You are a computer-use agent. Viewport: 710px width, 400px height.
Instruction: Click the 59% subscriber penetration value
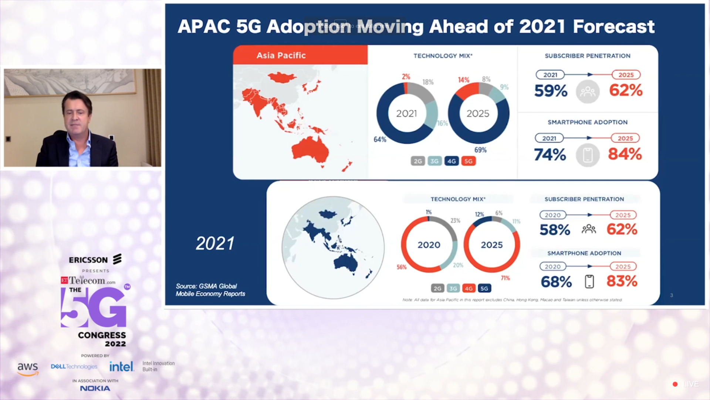[551, 91]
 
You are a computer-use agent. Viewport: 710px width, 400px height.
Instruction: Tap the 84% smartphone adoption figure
[625, 154]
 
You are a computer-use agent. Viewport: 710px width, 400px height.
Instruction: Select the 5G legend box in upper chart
[468, 161]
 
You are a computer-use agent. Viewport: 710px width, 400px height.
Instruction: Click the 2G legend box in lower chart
[437, 288]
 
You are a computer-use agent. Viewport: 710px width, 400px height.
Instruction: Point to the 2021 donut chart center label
[406, 113]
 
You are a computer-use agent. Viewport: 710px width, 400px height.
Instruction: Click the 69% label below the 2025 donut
[480, 150]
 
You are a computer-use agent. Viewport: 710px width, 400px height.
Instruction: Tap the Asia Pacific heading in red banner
[281, 56]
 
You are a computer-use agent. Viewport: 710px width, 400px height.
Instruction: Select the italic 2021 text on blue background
[215, 243]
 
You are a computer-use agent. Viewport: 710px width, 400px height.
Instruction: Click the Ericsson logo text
[88, 260]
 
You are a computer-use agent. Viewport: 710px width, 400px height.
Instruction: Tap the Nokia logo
[95, 388]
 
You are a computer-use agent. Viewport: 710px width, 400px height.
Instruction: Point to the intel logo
[121, 367]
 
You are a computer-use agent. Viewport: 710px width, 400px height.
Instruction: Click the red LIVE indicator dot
[675, 384]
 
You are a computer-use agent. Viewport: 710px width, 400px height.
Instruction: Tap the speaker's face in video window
[77, 115]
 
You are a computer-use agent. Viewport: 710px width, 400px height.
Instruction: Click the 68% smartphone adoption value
[556, 282]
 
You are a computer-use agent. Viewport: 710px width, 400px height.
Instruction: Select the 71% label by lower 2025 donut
[505, 278]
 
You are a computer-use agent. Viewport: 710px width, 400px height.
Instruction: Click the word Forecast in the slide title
[613, 27]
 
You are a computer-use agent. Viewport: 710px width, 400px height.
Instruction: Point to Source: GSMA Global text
[206, 286]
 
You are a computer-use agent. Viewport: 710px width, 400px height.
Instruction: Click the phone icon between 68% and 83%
[589, 281]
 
